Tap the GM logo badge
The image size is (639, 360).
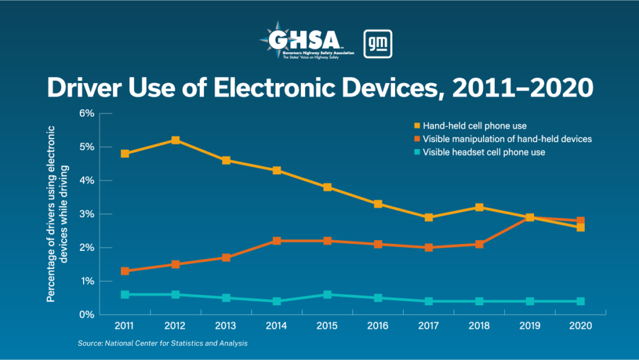click(378, 44)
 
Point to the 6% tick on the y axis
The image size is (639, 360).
click(86, 114)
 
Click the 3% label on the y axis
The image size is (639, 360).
click(86, 214)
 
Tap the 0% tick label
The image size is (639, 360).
click(86, 314)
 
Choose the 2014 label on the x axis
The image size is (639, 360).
click(276, 326)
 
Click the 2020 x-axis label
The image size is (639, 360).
click(580, 326)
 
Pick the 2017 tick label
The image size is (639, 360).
click(428, 326)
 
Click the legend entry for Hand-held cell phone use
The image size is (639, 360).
click(474, 126)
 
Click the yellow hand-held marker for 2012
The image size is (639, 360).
click(175, 140)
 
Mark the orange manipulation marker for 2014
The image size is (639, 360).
click(276, 241)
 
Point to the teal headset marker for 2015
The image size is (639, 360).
click(327, 294)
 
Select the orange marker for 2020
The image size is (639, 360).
click(580, 220)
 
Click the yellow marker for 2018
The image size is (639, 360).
click(479, 207)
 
